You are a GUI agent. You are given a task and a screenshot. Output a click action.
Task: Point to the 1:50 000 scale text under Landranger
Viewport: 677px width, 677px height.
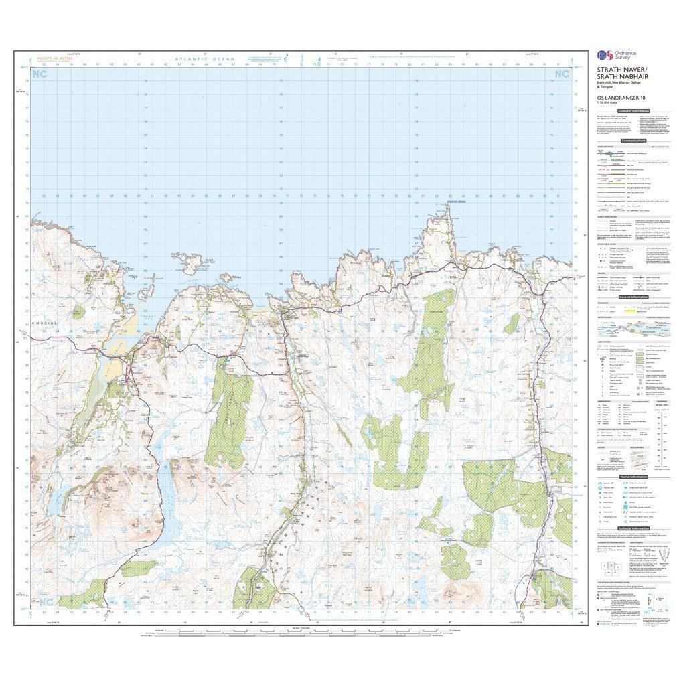(x=608, y=106)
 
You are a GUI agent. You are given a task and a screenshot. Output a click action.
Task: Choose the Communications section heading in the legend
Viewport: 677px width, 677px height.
(x=633, y=141)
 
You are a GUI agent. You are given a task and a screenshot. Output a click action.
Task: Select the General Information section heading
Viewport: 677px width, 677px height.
(x=632, y=296)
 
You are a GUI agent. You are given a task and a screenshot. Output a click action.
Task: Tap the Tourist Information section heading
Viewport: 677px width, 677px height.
(x=632, y=477)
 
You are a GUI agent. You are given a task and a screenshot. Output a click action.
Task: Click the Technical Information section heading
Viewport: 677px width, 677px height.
(x=632, y=528)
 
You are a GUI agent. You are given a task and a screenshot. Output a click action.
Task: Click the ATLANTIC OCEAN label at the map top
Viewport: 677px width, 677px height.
(x=205, y=60)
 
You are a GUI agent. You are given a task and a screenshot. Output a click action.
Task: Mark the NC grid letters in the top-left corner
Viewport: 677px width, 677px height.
(x=42, y=74)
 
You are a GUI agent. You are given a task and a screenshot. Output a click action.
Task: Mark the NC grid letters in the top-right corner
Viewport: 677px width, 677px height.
(x=561, y=74)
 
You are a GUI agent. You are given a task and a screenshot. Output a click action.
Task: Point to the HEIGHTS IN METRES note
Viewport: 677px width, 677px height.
(x=57, y=59)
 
